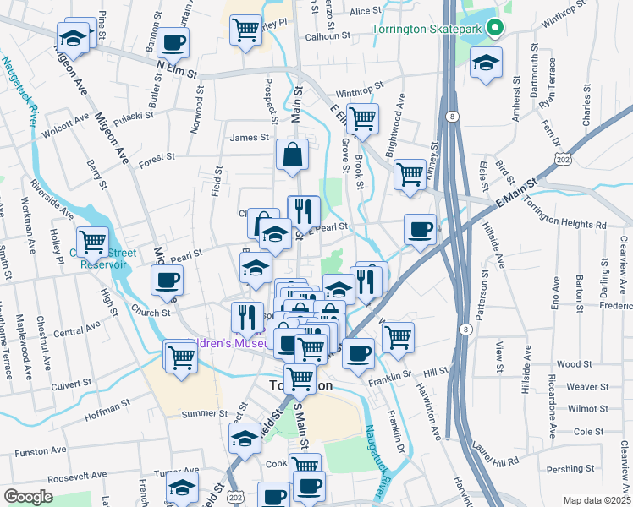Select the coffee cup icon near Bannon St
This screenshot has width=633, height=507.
click(x=173, y=41)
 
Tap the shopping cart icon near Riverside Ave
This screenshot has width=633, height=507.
click(x=92, y=242)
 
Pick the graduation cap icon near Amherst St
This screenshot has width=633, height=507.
click(x=486, y=64)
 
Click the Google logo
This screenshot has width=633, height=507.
click(x=28, y=497)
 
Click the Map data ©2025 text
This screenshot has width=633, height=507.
click(x=596, y=500)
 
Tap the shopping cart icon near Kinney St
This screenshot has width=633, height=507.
click(x=410, y=174)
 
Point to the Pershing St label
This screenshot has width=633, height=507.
click(x=570, y=468)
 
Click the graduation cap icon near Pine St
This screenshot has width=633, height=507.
click(x=74, y=37)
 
